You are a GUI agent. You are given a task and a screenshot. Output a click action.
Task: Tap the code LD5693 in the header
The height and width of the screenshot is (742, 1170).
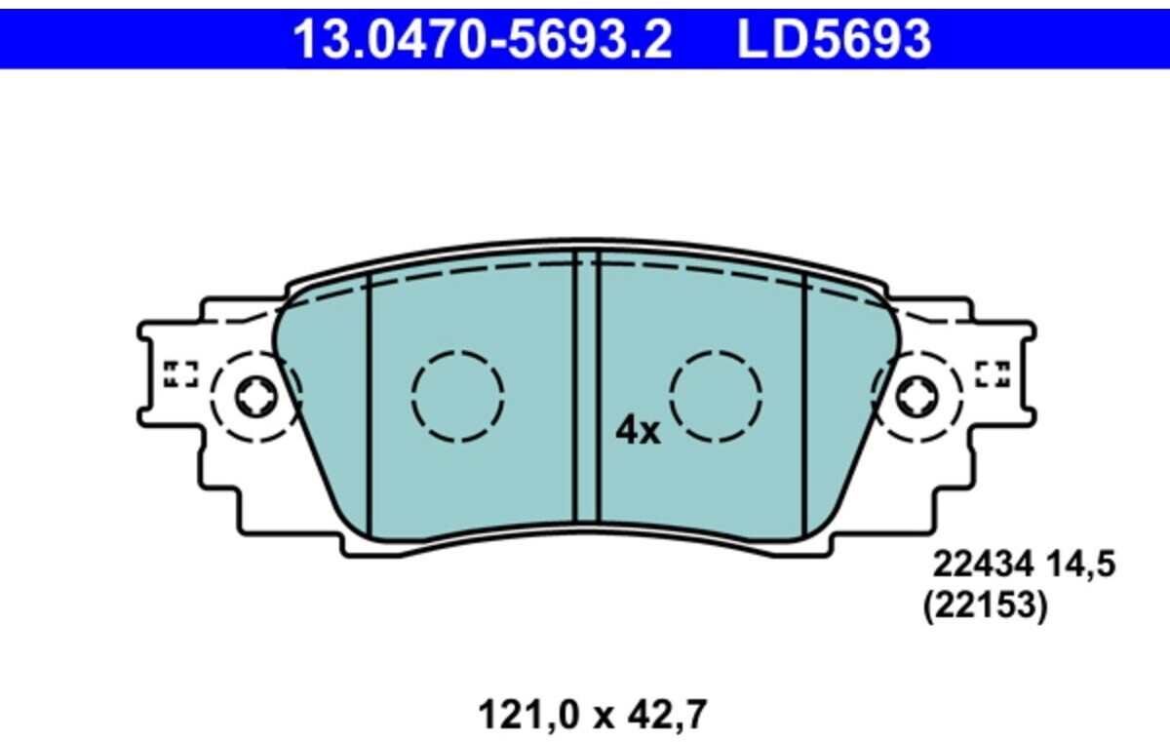835,39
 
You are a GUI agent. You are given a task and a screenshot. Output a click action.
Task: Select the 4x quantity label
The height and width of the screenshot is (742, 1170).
638,431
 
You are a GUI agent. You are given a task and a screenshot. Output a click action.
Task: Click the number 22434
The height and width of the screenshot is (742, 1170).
984,565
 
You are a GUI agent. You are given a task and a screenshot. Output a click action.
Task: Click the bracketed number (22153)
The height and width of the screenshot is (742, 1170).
985,606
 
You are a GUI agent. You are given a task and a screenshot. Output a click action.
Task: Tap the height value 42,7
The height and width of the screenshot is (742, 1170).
667,716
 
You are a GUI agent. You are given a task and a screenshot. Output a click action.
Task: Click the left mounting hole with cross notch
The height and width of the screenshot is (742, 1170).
255,397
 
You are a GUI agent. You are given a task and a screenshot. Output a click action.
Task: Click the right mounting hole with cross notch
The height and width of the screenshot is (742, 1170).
916,397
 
